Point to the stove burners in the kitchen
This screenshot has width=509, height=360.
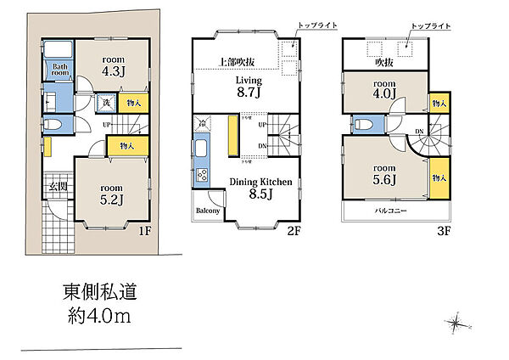[202, 177]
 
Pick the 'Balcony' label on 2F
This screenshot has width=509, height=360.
[208, 211]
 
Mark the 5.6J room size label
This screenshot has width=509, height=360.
[386, 180]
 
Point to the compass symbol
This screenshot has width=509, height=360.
[457, 323]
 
